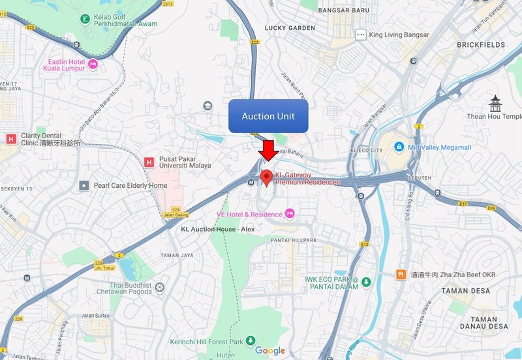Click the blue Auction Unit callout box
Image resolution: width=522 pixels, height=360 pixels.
click(268, 116)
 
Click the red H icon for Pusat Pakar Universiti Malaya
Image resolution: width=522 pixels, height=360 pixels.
click(149, 161)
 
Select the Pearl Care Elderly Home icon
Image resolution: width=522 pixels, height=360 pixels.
click(84, 186)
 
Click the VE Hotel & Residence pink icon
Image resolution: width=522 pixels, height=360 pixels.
click(290, 214)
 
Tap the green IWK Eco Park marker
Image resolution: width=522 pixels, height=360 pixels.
click(367, 282)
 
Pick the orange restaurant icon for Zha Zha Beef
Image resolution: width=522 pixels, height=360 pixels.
click(398, 275)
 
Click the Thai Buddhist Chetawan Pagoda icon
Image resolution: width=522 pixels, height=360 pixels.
click(159, 287)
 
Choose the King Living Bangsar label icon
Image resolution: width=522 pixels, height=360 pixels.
click(360, 34)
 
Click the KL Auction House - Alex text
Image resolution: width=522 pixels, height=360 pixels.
click(208, 230)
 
